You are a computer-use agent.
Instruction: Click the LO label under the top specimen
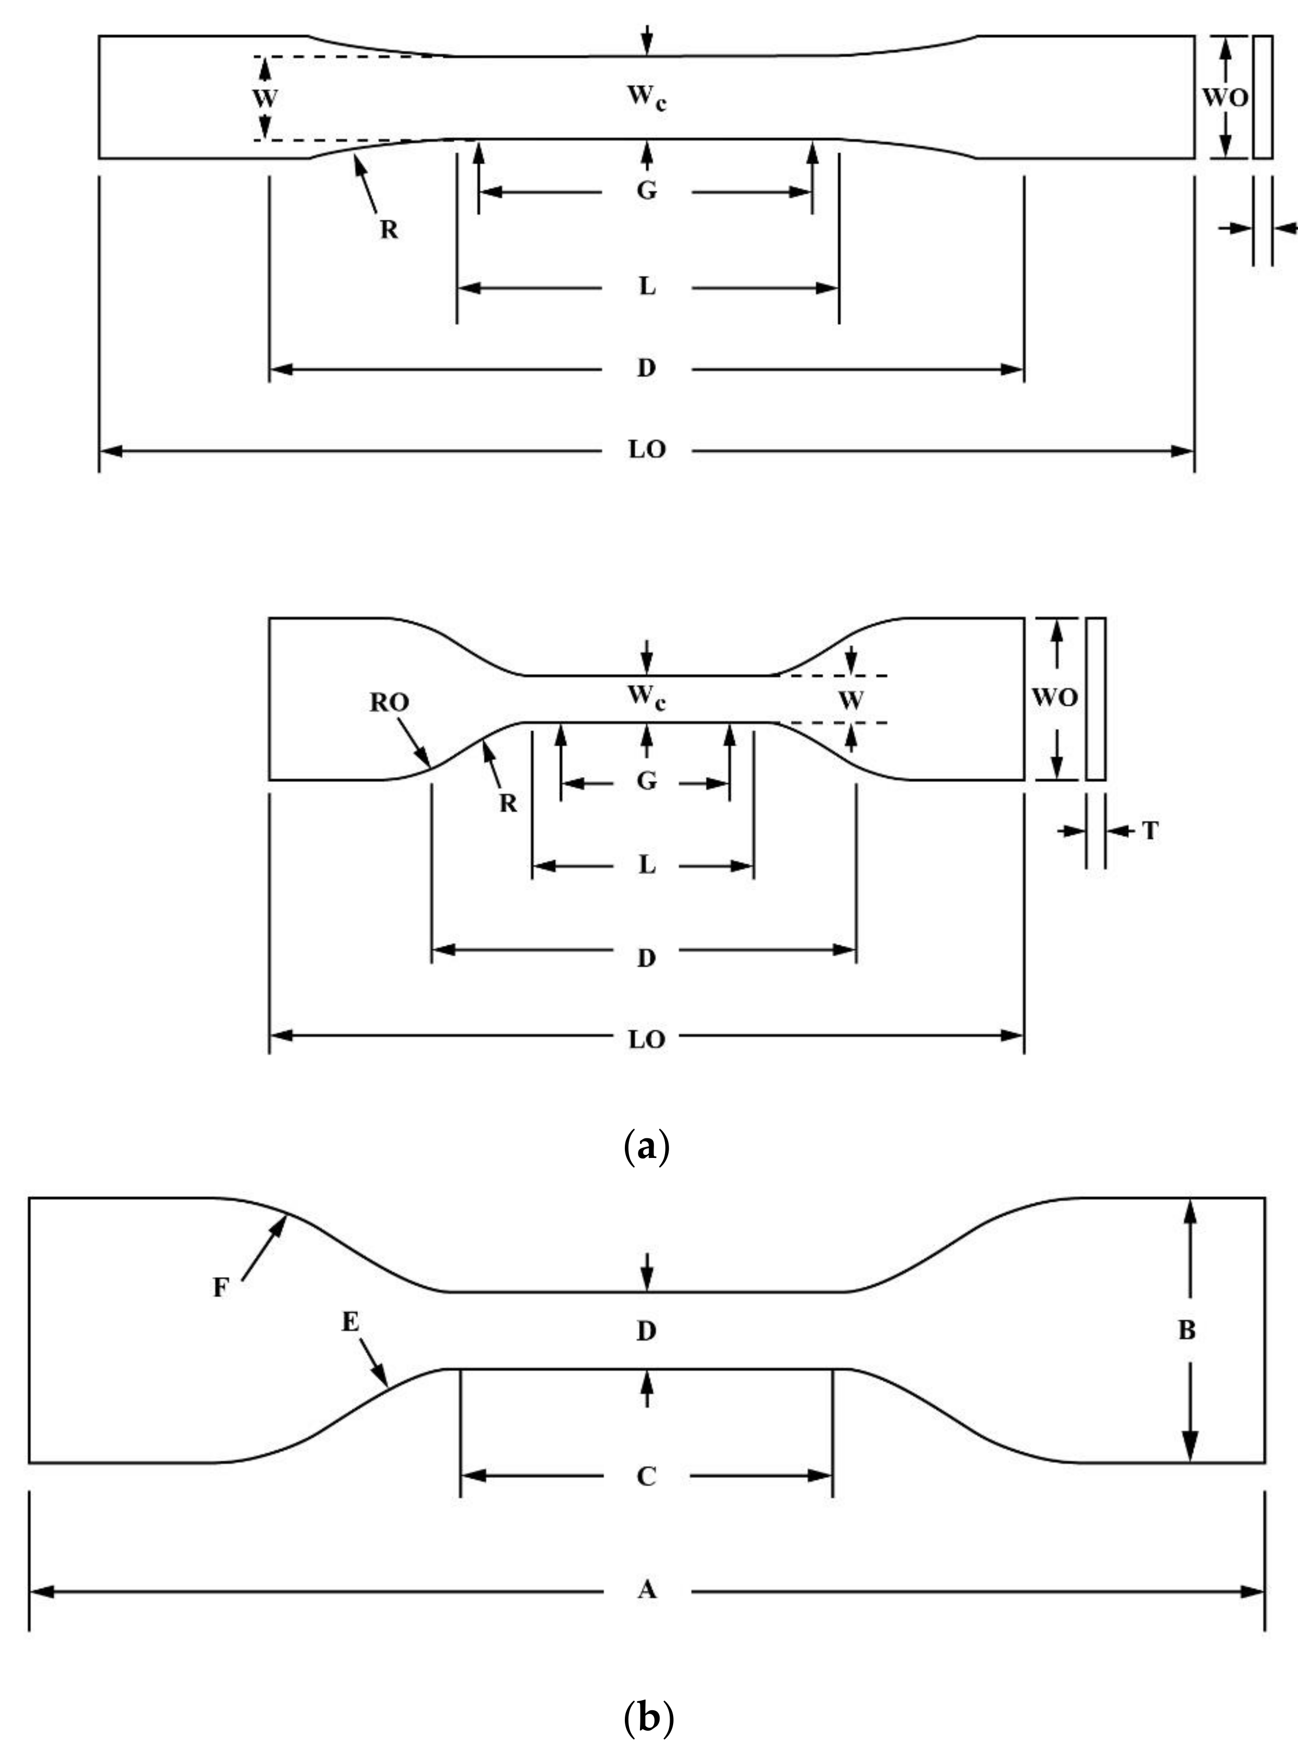coord(646,450)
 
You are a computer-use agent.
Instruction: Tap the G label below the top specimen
coord(646,191)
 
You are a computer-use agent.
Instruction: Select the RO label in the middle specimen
coord(390,703)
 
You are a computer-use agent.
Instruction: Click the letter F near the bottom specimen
coord(221,1289)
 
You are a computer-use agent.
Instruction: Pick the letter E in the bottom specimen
coord(351,1323)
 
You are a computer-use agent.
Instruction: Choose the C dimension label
coord(646,1477)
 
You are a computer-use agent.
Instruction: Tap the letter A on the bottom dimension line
coord(646,1590)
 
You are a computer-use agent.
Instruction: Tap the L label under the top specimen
coord(646,287)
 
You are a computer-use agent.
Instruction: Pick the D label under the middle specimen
coord(646,958)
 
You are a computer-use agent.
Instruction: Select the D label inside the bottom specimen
coord(646,1331)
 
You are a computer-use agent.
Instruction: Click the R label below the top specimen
coord(389,230)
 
